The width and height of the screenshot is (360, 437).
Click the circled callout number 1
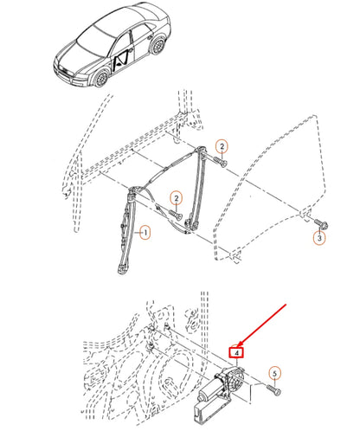(145, 233)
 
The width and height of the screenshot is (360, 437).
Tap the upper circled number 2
(222, 146)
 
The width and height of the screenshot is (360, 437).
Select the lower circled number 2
(177, 198)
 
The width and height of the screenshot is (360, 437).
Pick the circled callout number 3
(319, 238)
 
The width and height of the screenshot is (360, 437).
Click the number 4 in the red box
(236, 353)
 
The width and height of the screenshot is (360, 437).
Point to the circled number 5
(274, 374)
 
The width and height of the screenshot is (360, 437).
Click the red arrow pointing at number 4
(261, 325)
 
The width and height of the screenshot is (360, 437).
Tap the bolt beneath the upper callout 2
(220, 162)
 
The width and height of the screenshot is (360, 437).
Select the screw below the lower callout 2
(175, 215)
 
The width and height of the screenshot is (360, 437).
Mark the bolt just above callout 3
(321, 223)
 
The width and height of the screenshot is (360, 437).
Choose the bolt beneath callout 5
(273, 389)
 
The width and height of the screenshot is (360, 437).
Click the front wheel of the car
(101, 78)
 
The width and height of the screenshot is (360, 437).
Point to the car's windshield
(96, 41)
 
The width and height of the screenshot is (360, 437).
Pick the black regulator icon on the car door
(121, 62)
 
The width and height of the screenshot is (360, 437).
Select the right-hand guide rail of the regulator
(196, 188)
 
